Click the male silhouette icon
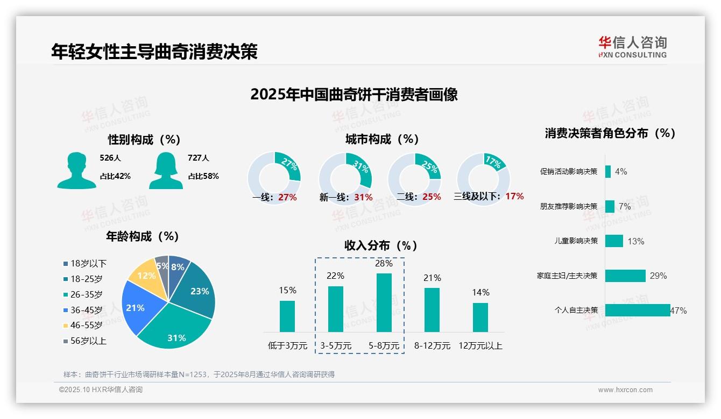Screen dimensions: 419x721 click(76, 171)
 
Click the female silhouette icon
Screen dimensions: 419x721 click(166, 171)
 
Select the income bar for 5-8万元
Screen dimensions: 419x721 click(384, 302)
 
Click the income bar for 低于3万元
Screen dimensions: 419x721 click(287, 316)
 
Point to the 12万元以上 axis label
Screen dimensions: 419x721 click(480, 346)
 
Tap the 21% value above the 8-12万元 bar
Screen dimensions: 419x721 click(432, 278)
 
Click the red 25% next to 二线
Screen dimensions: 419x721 click(432, 197)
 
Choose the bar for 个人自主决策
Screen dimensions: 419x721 click(638, 310)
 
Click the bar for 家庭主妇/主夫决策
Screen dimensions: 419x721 click(625, 276)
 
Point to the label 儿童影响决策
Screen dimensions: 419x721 click(576, 241)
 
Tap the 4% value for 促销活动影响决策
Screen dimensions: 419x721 click(621, 172)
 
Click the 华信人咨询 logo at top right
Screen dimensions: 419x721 click(632, 47)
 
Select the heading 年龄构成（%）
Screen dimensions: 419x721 click(143, 236)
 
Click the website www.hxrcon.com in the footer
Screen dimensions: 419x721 click(625, 390)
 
